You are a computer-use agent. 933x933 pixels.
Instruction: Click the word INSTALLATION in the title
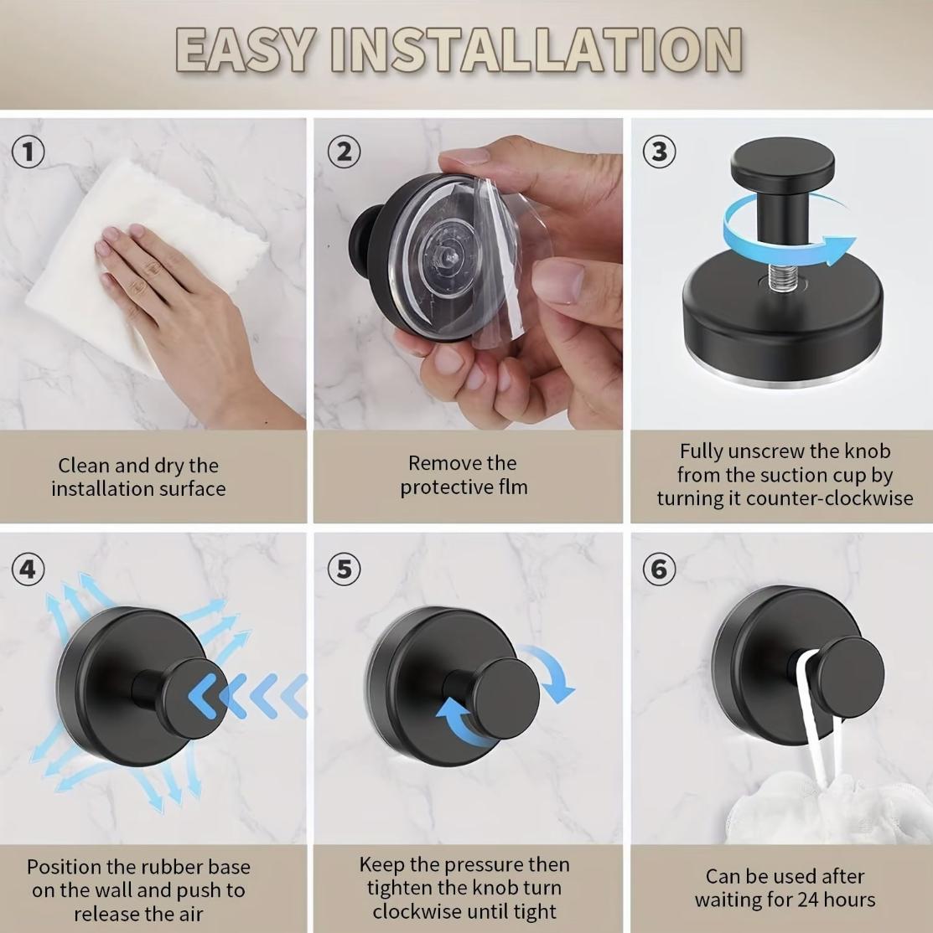click(x=536, y=50)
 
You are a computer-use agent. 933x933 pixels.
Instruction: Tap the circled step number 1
click(x=29, y=152)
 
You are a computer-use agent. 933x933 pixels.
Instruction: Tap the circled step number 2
click(x=344, y=152)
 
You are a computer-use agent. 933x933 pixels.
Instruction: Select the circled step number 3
click(x=660, y=152)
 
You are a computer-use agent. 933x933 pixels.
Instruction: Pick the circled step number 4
click(x=29, y=570)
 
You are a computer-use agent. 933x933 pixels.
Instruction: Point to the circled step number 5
click(x=344, y=570)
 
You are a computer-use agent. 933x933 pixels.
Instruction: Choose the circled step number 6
click(x=660, y=570)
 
